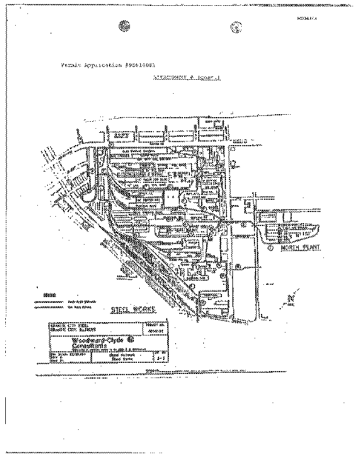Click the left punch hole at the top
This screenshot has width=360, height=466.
(x=123, y=26)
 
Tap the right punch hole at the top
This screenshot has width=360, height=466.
(x=237, y=26)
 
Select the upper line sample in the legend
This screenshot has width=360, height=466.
(x=48, y=301)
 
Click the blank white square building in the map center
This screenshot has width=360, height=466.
(x=171, y=198)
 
